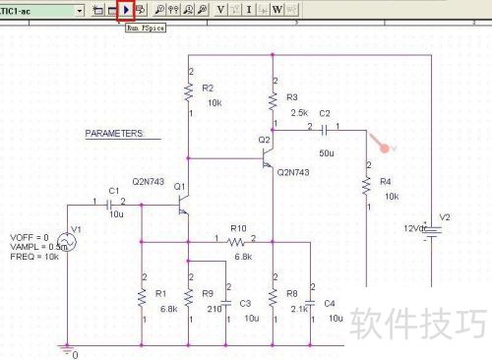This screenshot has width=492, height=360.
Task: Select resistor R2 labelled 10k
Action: pos(187,91)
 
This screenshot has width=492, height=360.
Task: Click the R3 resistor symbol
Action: pos(272,99)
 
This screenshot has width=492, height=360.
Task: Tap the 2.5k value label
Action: pos(299,113)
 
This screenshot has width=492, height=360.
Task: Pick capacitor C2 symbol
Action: pos(324,129)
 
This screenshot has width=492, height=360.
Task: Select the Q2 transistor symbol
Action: pos(268,161)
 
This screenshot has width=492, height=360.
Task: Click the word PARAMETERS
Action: pos(114,133)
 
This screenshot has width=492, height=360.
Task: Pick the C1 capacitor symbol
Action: pos(114,204)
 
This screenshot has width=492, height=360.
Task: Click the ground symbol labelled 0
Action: pos(67,350)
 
